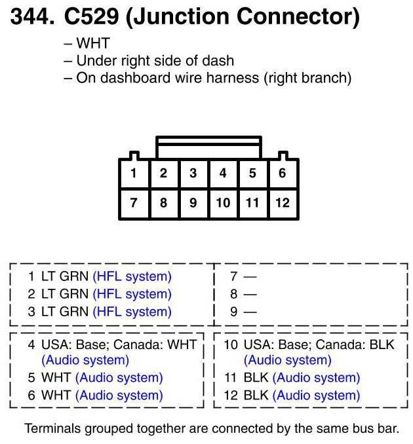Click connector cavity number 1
[134, 174]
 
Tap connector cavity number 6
[283, 174]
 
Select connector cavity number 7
[134, 203]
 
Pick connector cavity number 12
[283, 203]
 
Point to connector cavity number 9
[193, 203]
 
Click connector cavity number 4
[223, 174]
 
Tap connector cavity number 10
[223, 203]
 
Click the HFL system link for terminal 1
[132, 276]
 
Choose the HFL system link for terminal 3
[132, 312]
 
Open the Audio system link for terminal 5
[119, 378]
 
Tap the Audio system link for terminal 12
[316, 396]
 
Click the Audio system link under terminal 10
[288, 360]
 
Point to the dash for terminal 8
[250, 295]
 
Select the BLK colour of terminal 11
[256, 378]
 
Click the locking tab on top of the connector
[208, 147]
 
